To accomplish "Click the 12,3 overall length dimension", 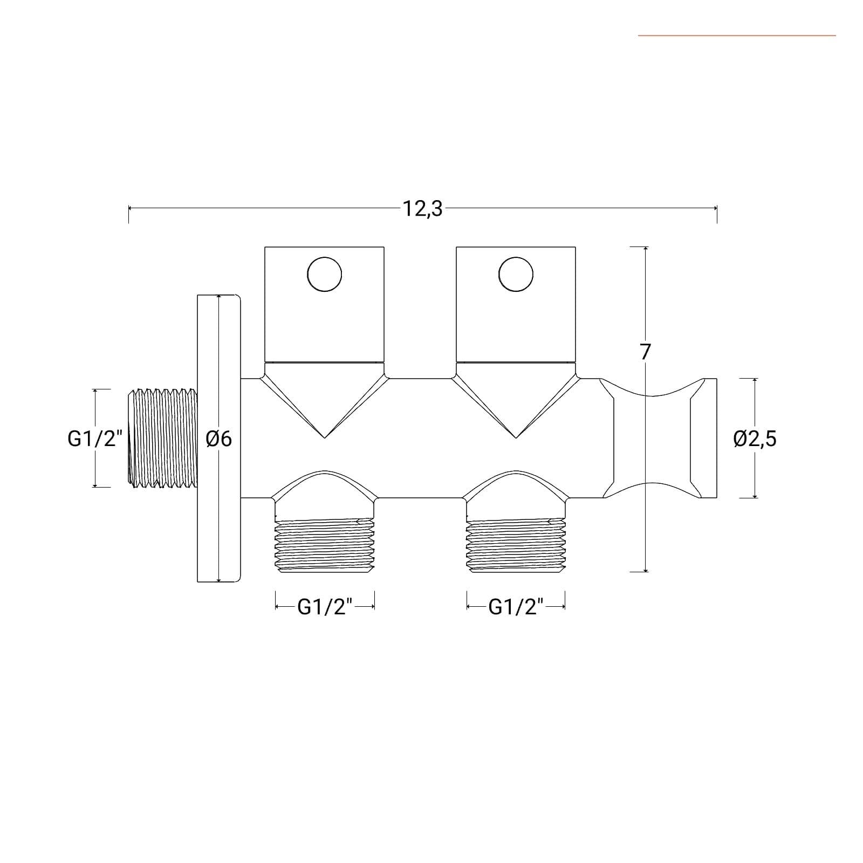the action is click(x=422, y=208).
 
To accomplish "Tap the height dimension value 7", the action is click(x=645, y=352).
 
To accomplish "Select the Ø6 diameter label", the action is click(x=219, y=439).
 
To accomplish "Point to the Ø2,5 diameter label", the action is click(x=755, y=439).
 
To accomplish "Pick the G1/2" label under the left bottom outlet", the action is click(x=325, y=607).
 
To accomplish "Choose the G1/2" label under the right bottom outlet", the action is click(x=516, y=607).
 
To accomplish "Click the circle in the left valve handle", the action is click(x=324, y=274).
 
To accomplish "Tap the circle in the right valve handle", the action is click(x=516, y=274).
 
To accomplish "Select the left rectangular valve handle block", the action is click(x=324, y=304).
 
